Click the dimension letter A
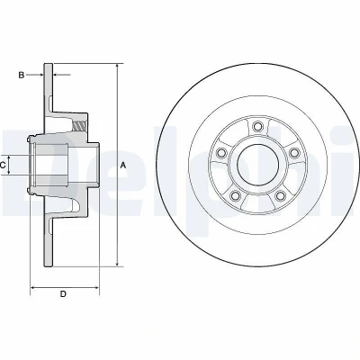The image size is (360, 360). click(x=123, y=165)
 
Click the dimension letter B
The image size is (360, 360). click(x=22, y=75)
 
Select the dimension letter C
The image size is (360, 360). click(x=3, y=165)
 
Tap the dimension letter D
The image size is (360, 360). click(x=63, y=293)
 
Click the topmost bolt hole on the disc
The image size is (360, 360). click(x=257, y=126)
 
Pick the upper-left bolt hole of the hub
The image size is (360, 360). click(x=221, y=153)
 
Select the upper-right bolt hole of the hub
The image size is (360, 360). click(x=294, y=153)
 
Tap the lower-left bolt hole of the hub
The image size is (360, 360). click(x=235, y=195)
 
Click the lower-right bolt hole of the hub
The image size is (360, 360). click(x=280, y=195)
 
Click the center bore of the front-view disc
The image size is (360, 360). click(x=258, y=164)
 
